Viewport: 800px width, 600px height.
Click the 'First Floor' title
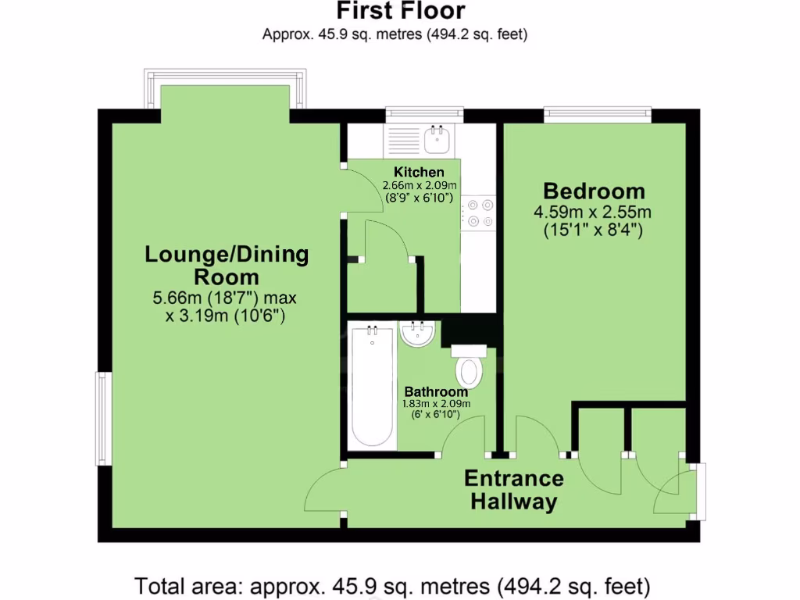(400, 11)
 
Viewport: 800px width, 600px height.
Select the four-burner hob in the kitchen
(478, 213)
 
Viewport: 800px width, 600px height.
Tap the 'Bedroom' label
(594, 191)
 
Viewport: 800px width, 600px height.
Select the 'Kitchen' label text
(419, 172)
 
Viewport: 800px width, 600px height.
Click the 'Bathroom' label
(436, 391)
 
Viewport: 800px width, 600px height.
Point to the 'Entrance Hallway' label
(514, 490)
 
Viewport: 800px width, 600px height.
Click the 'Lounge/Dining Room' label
(227, 265)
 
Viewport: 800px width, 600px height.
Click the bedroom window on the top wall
(598, 115)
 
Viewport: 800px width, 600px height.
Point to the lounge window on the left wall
(102, 418)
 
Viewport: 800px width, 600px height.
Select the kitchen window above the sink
(423, 115)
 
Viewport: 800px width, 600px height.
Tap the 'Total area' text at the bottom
(393, 584)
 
